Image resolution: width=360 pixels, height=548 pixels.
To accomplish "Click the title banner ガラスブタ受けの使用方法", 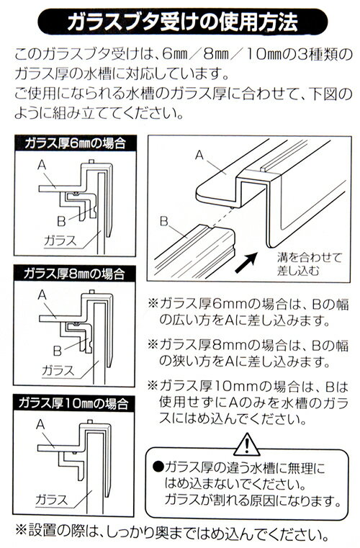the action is (182, 22).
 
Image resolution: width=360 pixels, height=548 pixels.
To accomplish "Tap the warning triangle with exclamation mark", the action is (247, 444).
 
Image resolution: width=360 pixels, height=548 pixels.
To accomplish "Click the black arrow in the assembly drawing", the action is (246, 263).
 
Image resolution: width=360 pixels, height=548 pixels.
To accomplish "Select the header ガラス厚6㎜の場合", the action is (75, 143).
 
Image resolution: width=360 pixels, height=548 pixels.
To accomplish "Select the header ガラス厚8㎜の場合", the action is (74, 274).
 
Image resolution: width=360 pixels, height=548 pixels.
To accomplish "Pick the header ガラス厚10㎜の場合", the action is (73, 403).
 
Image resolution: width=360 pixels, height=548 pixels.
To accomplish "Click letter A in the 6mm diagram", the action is (42, 165).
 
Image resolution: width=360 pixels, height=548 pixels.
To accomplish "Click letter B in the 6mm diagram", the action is (61, 221).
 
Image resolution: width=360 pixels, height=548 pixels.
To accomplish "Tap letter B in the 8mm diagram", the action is (58, 351).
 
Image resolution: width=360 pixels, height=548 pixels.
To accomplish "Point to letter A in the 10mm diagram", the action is (40, 424).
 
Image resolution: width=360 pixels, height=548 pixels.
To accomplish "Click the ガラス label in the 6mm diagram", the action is (60, 241).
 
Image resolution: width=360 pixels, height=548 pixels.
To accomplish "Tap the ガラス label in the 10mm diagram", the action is (51, 500).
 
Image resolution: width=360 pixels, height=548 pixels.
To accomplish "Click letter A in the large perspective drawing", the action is (199, 155).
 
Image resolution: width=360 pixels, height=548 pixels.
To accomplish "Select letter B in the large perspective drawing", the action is (164, 221).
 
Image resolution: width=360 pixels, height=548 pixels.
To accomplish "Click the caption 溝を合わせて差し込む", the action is (309, 264).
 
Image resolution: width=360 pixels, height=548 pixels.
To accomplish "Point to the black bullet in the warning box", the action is (158, 467).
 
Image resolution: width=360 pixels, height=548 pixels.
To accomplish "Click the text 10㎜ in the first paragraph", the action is (265, 55).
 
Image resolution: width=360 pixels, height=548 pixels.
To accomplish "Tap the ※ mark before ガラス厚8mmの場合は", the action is (153, 344).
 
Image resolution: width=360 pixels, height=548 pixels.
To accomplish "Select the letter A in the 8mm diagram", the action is (42, 295).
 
